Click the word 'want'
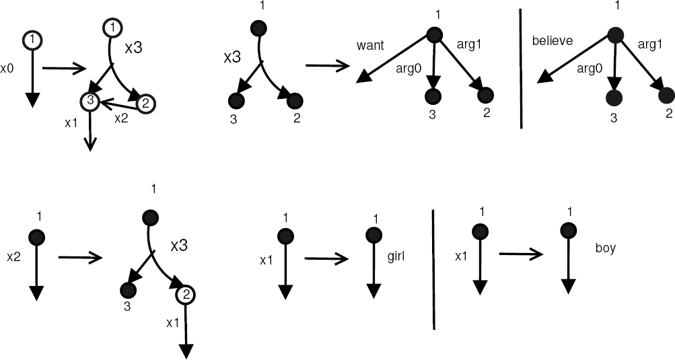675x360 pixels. pos(370,46)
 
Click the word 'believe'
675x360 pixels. pos(552,41)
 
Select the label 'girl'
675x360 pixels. pos(398,256)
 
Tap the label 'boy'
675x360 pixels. pos(606,248)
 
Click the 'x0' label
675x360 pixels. pos(7,69)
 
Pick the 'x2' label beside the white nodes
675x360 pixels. pos(121,118)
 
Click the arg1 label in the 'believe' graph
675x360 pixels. pos(649,45)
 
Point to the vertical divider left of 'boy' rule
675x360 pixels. pos(433,269)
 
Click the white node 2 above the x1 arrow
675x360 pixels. pos(185,295)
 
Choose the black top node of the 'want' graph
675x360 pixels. pos(435,35)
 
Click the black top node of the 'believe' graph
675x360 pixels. pos(615,36)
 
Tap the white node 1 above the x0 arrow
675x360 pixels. pos(31,40)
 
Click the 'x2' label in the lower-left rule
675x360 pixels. pos(14,256)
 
